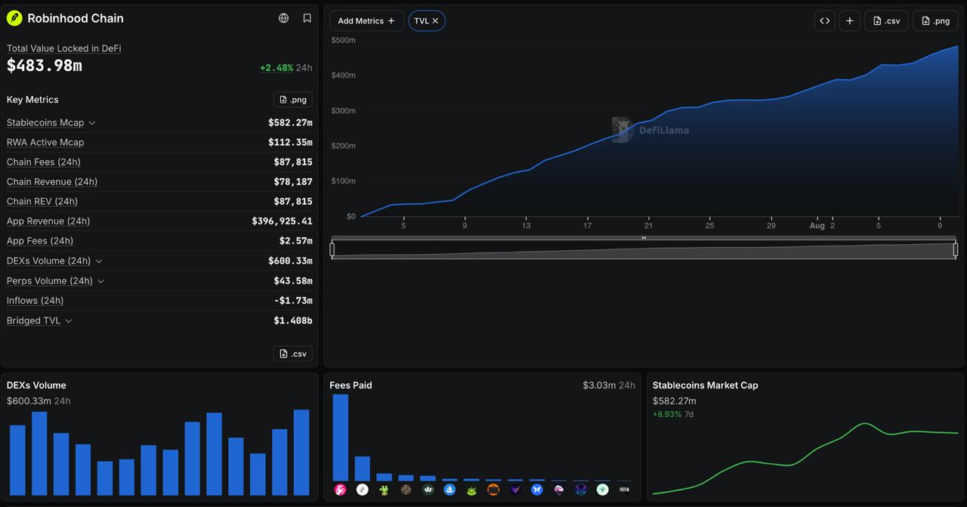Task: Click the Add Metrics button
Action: (366, 20)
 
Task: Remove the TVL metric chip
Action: (435, 20)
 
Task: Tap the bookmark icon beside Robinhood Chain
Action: (307, 18)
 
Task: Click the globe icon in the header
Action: (283, 18)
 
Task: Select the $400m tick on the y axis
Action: (343, 75)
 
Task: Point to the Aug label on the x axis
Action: (817, 225)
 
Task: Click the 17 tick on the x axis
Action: (587, 225)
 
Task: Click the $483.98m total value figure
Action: (44, 66)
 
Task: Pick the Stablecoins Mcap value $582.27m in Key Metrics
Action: (290, 122)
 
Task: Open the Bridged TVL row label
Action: (33, 320)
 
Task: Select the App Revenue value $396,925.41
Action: (282, 221)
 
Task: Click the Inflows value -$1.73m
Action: (293, 301)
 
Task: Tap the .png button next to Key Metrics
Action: (292, 100)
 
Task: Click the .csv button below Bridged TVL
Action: (292, 354)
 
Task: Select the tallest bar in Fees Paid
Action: (340, 437)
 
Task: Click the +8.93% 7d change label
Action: (673, 414)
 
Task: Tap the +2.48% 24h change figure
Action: (286, 68)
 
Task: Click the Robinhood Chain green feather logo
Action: (14, 18)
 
